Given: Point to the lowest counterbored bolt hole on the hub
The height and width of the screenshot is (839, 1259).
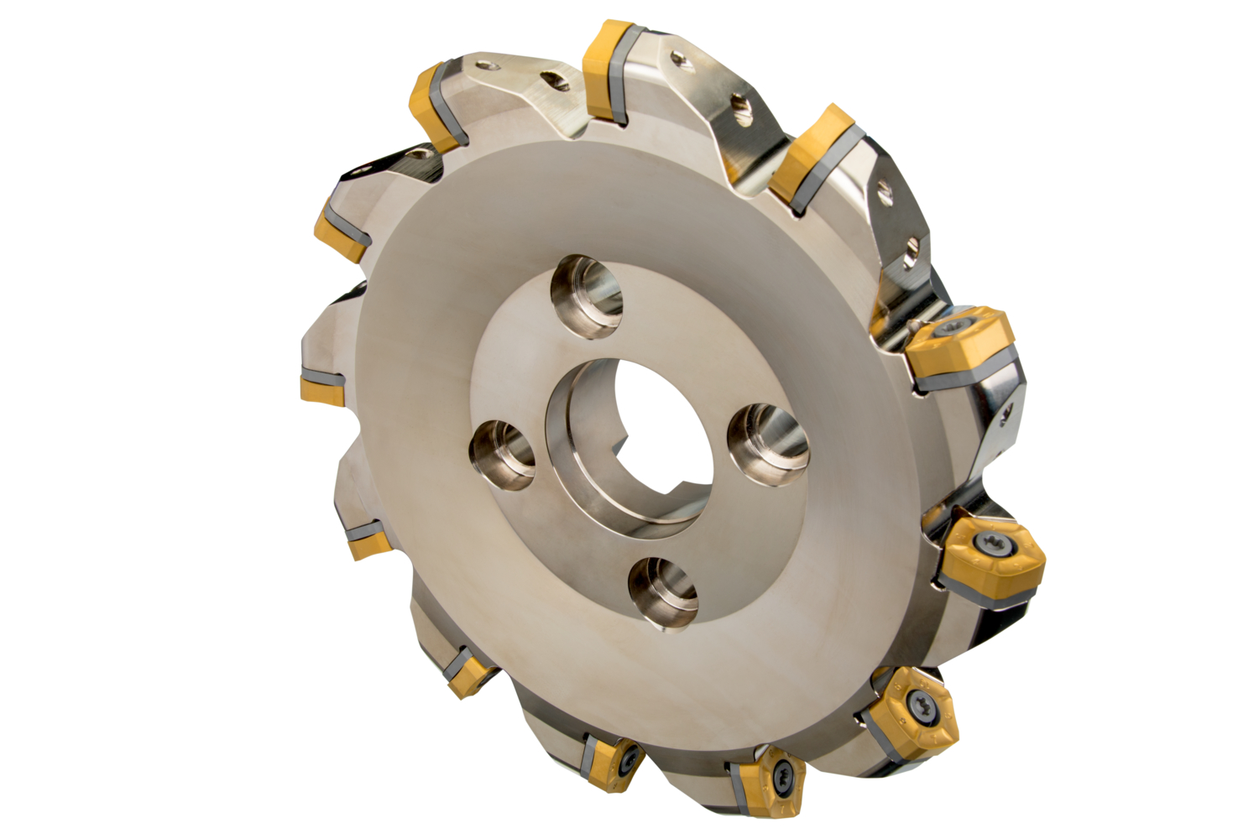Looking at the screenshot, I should click(x=663, y=591).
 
